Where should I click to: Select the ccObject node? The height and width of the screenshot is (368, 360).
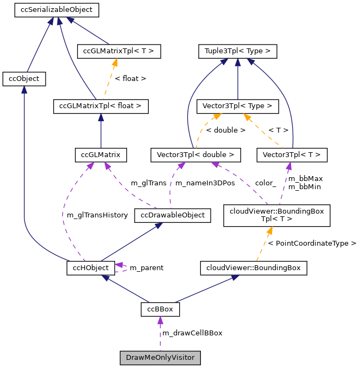click(24, 79)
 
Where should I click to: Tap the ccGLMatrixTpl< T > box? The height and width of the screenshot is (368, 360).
click(119, 52)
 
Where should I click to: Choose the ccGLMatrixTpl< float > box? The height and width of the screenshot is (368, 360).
click(100, 106)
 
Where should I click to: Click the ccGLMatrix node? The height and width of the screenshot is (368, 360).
click(100, 155)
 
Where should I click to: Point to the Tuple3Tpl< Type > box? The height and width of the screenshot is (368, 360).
click(237, 52)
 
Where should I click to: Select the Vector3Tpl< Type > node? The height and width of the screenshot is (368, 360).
click(237, 106)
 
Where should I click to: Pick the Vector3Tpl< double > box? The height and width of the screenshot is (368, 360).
click(195, 155)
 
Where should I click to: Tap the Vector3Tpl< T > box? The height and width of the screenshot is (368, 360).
click(292, 155)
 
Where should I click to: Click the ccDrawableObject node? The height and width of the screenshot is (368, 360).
click(172, 215)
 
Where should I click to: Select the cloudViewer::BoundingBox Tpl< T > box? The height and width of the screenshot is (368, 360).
click(269, 215)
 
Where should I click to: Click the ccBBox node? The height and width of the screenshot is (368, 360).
click(160, 309)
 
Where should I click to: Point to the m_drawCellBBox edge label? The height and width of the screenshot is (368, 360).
click(192, 333)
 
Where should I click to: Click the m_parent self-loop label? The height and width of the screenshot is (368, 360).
click(146, 268)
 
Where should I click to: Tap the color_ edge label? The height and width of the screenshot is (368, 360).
click(266, 183)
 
